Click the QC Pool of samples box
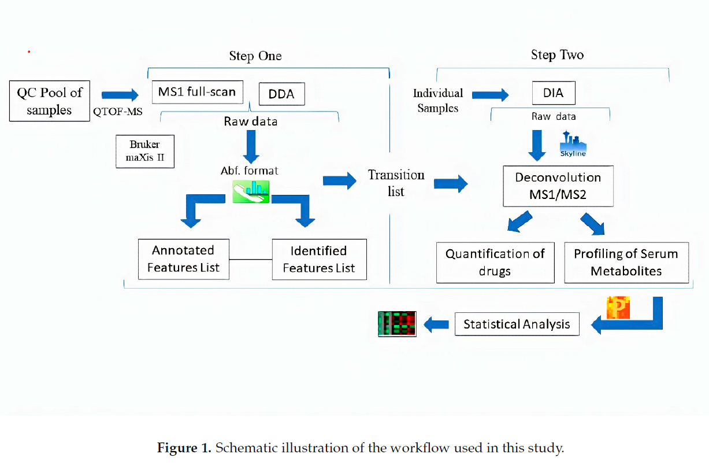tap(50, 101)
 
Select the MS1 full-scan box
tap(197, 92)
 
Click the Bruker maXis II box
tap(144, 152)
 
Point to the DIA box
tap(553, 93)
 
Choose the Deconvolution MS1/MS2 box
tap(558, 186)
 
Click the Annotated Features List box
tap(183, 259)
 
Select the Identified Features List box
tap(319, 259)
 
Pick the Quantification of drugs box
tap(495, 263)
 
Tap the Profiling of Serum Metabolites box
tap(626, 262)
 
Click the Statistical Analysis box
tap(517, 324)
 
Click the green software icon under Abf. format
tap(251, 191)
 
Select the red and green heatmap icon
tap(397, 323)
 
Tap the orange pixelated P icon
tap(617, 308)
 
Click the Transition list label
tap(396, 183)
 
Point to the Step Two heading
tap(557, 55)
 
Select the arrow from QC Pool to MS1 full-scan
tap(120, 94)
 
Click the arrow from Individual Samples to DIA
tap(489, 94)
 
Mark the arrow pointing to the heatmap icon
tap(436, 324)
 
